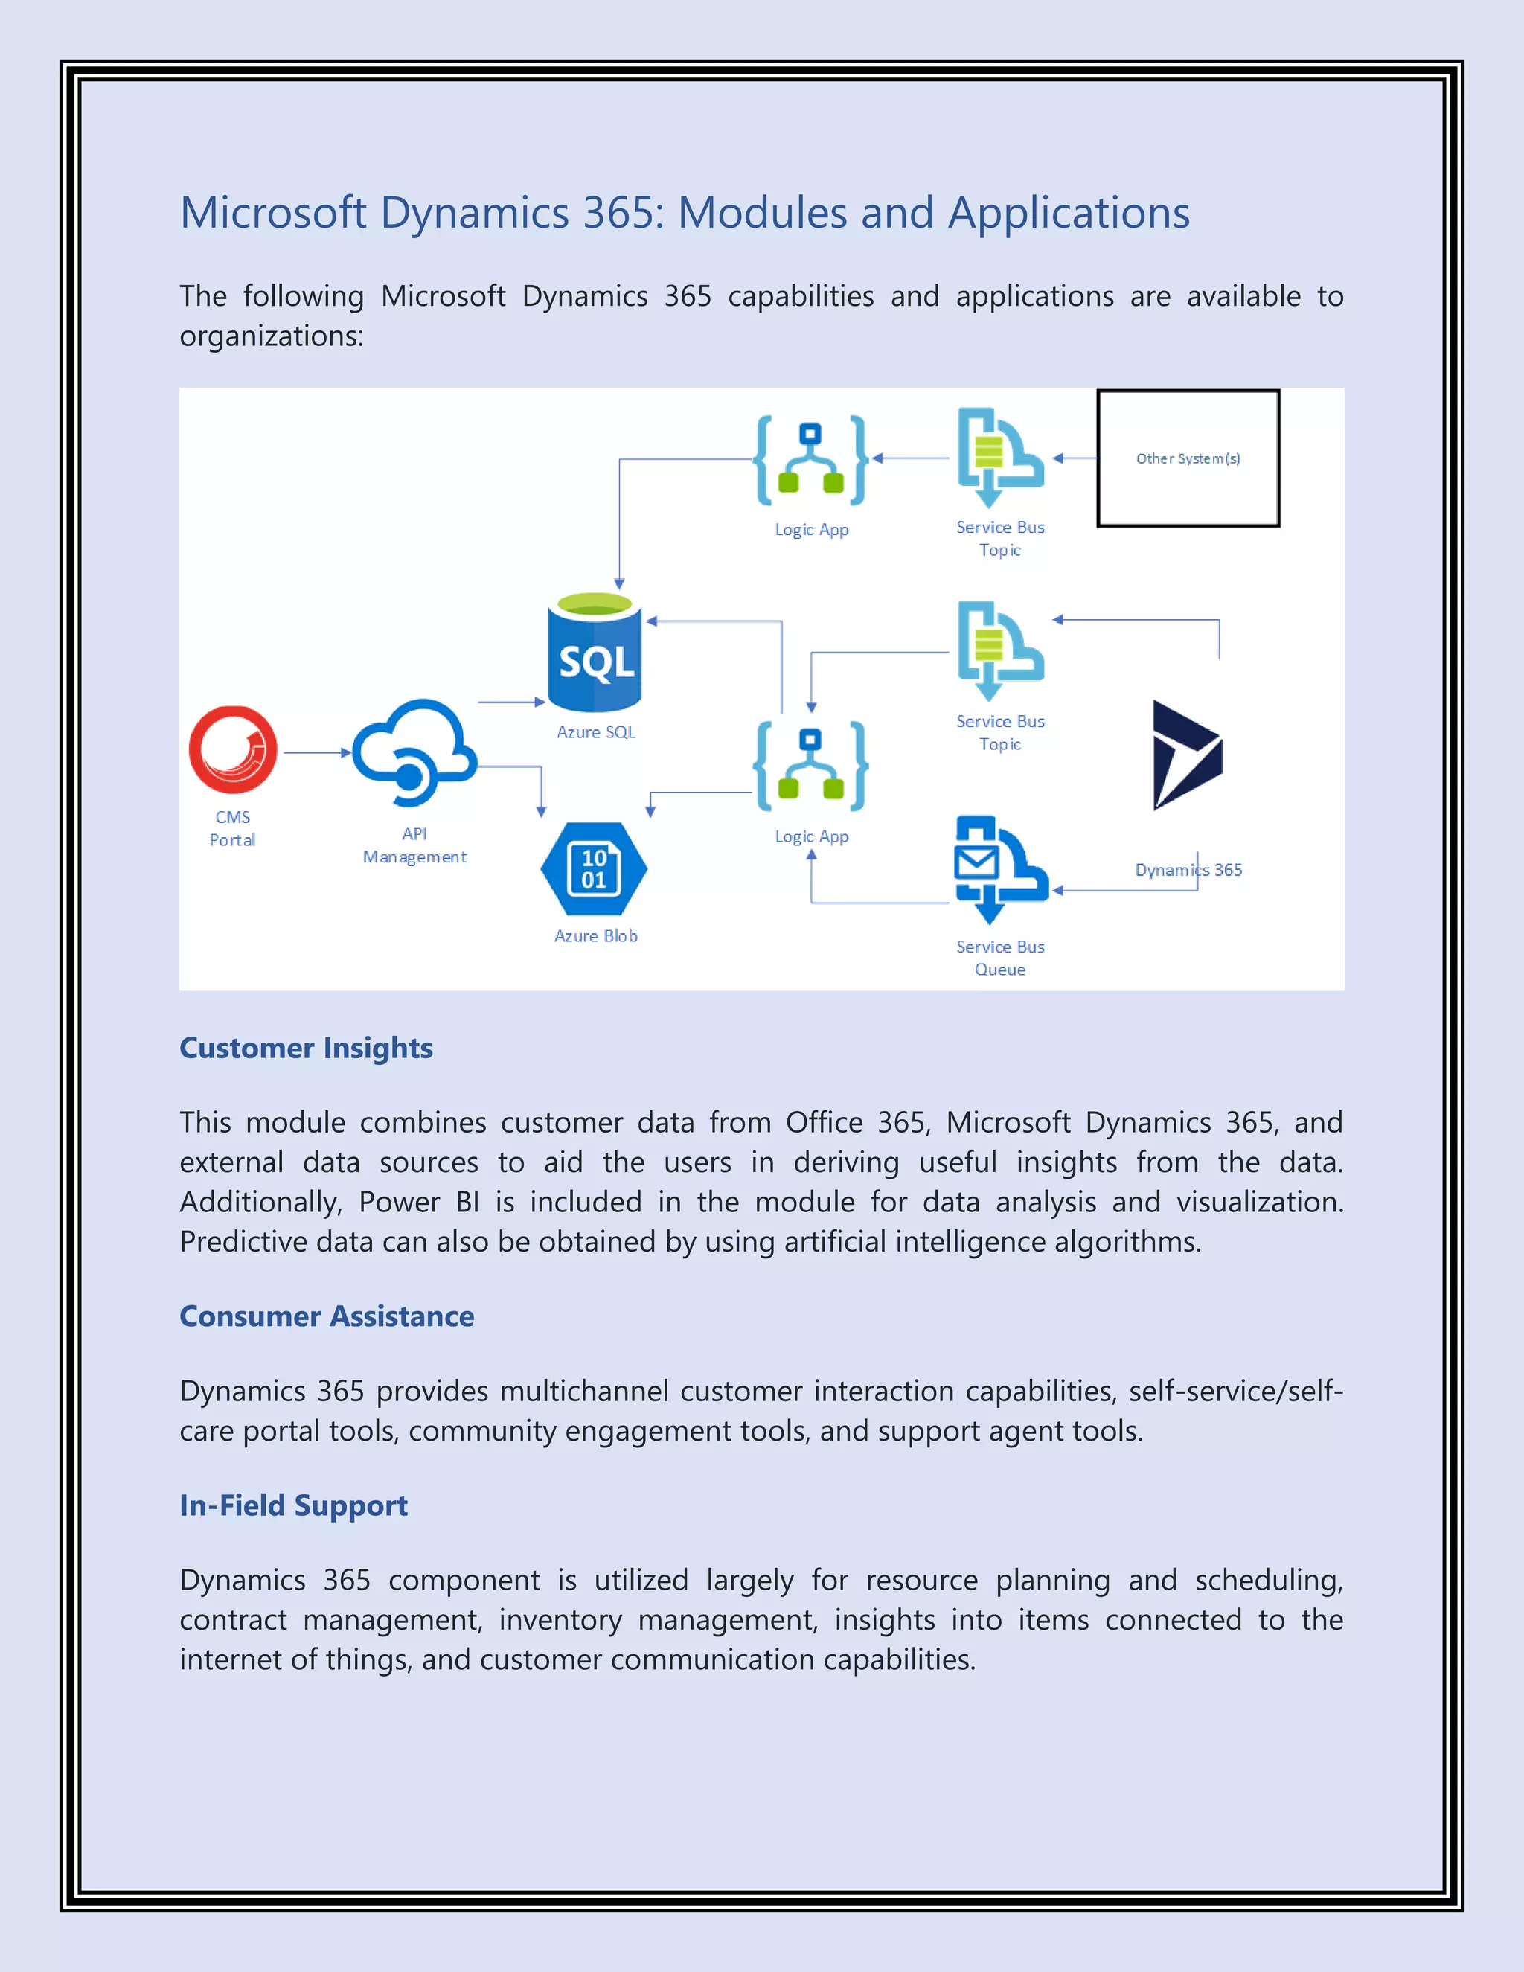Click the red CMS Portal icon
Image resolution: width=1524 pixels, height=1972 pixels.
(x=233, y=749)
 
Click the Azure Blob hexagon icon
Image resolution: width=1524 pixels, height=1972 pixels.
(x=594, y=868)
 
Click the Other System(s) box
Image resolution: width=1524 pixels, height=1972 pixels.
(x=1188, y=458)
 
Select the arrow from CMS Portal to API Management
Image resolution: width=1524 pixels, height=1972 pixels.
(x=317, y=752)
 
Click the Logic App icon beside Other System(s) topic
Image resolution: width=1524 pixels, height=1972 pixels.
(x=811, y=461)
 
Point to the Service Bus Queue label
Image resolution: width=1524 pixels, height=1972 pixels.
(x=1000, y=958)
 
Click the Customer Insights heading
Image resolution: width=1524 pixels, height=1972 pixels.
(x=306, y=1048)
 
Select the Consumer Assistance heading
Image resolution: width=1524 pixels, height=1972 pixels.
(x=327, y=1316)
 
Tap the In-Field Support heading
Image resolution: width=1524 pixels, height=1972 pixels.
(x=293, y=1505)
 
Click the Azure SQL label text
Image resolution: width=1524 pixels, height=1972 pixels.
(x=596, y=732)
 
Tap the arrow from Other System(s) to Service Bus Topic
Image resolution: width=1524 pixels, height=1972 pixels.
(x=1075, y=458)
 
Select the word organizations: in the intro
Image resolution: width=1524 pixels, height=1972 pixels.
(x=271, y=336)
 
